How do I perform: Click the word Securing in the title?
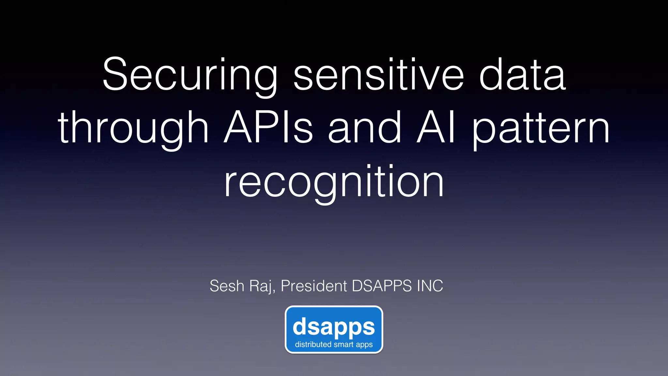tap(190, 75)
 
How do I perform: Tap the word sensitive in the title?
tap(378, 75)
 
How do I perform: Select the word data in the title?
tap(522, 75)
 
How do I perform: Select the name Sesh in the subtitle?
tap(227, 286)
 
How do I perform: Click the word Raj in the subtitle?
tap(261, 287)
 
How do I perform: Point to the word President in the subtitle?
tap(314, 286)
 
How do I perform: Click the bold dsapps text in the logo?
tap(334, 327)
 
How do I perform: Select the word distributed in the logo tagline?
tap(313, 344)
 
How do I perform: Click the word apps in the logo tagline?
tap(364, 345)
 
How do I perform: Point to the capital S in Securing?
tap(114, 74)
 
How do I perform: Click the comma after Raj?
tap(273, 291)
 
